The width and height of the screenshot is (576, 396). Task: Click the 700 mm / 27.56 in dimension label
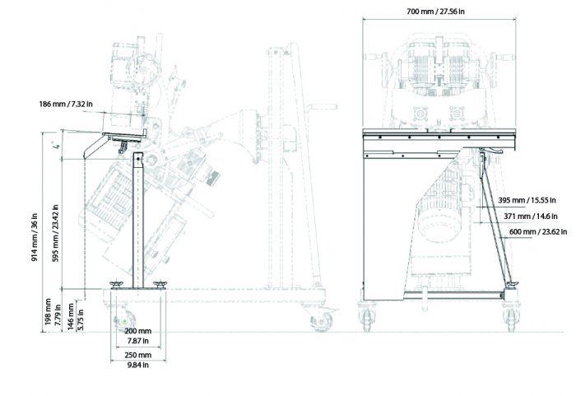(435, 12)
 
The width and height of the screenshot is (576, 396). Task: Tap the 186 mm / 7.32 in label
(66, 104)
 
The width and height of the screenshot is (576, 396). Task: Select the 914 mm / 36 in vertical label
(35, 237)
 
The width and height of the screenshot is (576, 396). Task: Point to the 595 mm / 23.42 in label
(56, 234)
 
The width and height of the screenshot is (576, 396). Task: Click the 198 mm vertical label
(48, 312)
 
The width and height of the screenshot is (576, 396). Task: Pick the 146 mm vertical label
(72, 317)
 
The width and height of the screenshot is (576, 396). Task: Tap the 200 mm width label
(137, 331)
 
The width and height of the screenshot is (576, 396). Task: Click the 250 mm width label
(137, 355)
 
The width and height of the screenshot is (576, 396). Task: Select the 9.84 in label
(137, 365)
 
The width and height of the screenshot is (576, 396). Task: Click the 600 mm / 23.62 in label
(538, 231)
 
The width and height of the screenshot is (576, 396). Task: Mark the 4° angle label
(56, 146)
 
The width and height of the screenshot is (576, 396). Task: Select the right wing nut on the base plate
(160, 285)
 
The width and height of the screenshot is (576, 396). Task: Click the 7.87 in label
(137, 341)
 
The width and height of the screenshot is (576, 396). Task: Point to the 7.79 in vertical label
(58, 315)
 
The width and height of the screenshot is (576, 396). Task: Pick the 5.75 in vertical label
(81, 319)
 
